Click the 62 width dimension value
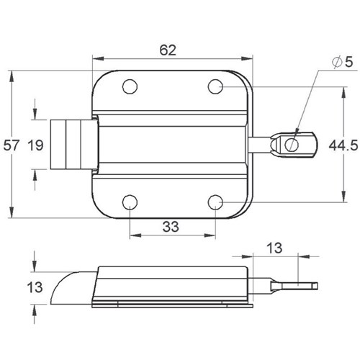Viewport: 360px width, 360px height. click(168, 50)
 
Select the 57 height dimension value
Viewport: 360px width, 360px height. click(11, 145)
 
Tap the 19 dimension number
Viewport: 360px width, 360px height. click(35, 145)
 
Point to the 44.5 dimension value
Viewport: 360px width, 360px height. click(343, 145)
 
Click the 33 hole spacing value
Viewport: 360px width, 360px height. click(171, 227)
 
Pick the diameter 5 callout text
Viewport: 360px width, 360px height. click(343, 62)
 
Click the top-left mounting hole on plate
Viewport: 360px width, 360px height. click(130, 86)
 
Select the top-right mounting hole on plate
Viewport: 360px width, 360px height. click(215, 86)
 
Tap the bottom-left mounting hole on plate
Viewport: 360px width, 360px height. click(130, 202)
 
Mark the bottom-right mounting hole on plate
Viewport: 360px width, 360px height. click(215, 202)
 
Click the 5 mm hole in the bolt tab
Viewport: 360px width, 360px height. click(292, 145)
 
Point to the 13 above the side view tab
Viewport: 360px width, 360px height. click(274, 248)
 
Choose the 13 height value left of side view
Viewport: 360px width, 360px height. click(35, 287)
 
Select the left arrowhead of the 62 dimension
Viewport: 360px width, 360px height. click(98, 58)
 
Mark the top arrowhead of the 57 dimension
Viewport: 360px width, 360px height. click(12, 76)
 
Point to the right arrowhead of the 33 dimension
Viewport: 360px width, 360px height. click(210, 235)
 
